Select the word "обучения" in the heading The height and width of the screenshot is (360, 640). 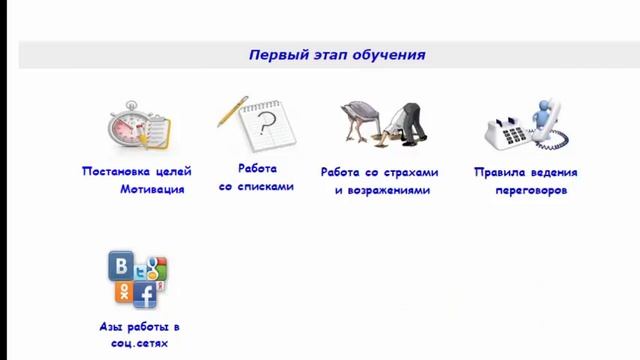click(389, 55)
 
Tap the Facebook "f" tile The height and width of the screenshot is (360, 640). click(145, 295)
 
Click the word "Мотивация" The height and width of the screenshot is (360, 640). click(152, 189)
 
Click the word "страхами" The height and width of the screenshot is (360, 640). click(400, 172)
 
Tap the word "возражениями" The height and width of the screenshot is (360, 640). click(389, 190)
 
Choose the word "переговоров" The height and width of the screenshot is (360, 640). click(530, 190)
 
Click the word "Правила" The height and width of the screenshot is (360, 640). click(499, 172)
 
